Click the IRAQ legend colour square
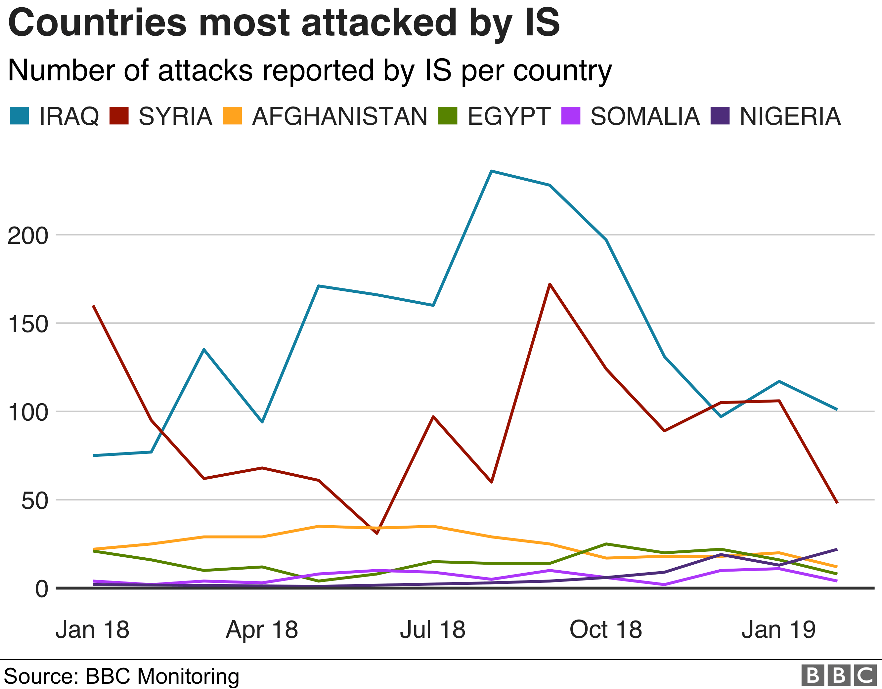point(20,116)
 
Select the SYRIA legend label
point(175,116)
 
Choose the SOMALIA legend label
point(645,116)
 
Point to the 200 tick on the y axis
point(28,236)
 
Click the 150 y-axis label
point(28,324)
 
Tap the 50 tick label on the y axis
point(35,501)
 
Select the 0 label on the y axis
point(42,589)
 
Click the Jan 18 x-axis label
point(93,630)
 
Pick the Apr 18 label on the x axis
point(262,630)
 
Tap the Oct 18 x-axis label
point(605,630)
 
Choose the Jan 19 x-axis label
point(779,630)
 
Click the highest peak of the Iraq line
point(491,171)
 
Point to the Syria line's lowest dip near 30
point(377,533)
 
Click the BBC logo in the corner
point(839,675)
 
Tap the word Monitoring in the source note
point(188,676)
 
